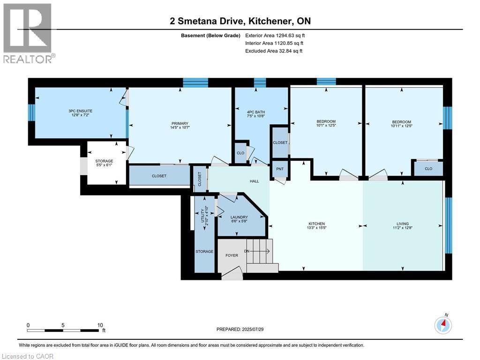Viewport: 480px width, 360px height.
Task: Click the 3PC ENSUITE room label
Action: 77,111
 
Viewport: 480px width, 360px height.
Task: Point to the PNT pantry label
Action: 279,169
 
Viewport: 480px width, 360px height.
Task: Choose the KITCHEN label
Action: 316,224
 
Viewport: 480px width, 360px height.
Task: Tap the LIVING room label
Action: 402,224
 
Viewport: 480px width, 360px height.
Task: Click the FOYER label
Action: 232,255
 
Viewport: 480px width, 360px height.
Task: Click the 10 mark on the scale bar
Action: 100,325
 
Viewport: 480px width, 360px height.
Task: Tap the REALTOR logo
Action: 28,33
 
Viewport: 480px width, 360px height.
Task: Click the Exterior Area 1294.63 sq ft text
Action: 275,35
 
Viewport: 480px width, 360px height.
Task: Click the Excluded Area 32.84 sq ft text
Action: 274,51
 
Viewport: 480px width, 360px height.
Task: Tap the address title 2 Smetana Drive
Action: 240,21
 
